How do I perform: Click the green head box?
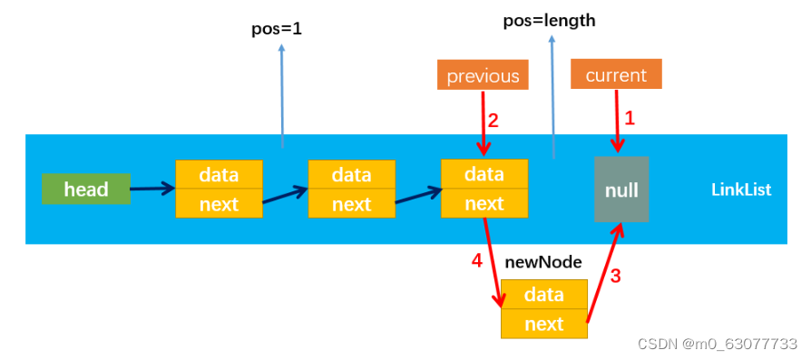(x=85, y=190)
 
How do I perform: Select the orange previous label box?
(x=482, y=75)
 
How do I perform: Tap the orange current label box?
(x=616, y=74)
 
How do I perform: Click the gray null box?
(x=621, y=190)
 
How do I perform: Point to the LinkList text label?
(x=740, y=190)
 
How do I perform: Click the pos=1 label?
(x=276, y=29)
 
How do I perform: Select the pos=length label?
(x=549, y=20)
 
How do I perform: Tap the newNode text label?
(x=543, y=262)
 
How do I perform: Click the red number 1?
(x=630, y=118)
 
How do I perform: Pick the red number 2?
(x=493, y=120)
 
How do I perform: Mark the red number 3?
(x=615, y=277)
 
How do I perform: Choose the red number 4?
(x=476, y=261)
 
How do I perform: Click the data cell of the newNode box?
(x=543, y=295)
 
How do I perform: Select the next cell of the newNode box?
(x=543, y=324)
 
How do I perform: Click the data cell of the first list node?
(x=219, y=174)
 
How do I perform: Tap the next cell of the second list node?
(x=351, y=204)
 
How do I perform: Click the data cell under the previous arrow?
(x=484, y=174)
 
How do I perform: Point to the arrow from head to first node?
(x=152, y=190)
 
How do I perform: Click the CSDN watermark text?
(x=717, y=344)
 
